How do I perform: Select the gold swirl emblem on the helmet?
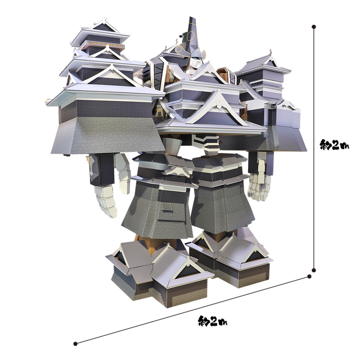tap(184, 52)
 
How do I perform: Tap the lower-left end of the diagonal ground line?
tap(75, 344)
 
